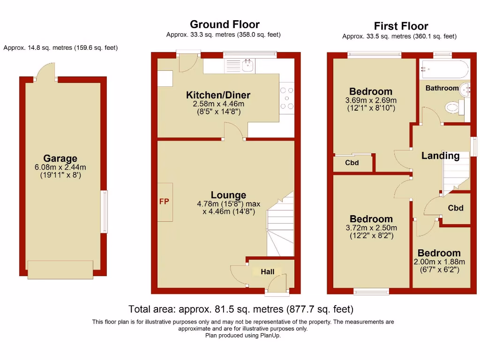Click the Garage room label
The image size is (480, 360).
click(x=60, y=159)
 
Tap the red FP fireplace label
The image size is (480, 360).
click(x=164, y=202)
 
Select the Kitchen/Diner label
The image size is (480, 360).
click(x=218, y=96)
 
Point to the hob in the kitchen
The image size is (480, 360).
click(x=286, y=98)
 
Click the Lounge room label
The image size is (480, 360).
click(x=228, y=195)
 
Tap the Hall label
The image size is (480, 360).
click(x=268, y=272)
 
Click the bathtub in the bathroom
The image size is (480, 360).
click(x=443, y=70)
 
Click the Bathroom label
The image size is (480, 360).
click(x=442, y=88)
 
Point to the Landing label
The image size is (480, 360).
click(x=440, y=156)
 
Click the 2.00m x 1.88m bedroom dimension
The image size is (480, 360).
click(x=439, y=262)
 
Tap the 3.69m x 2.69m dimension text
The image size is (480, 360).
click(x=371, y=100)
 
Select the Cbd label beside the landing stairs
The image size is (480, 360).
click(x=456, y=208)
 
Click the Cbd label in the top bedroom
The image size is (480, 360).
click(x=352, y=163)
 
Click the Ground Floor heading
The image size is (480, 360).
click(x=225, y=24)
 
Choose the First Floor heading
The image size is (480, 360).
click(x=401, y=26)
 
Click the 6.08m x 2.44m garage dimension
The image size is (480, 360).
click(x=60, y=167)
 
